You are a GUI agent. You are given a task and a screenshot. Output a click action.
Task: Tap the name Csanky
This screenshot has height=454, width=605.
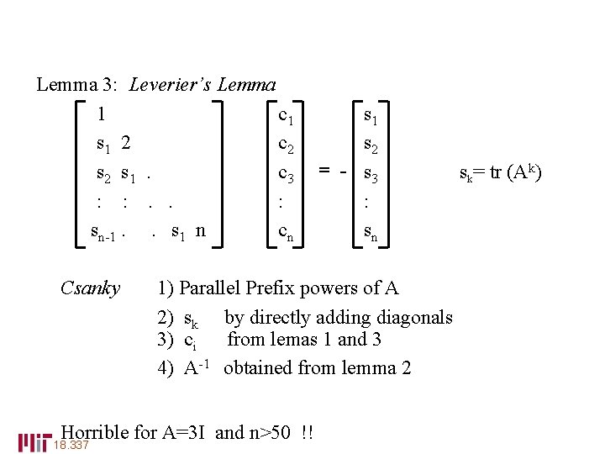pos(91,288)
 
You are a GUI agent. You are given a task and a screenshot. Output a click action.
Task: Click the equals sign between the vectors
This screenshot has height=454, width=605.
pos(323,172)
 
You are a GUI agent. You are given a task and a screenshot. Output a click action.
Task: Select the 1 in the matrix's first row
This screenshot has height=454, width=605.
pos(101,113)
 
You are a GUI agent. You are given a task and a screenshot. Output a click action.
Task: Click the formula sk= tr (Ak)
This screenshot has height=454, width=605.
pos(501,173)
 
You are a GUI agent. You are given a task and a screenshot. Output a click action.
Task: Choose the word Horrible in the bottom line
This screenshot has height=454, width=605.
pos(95,432)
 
